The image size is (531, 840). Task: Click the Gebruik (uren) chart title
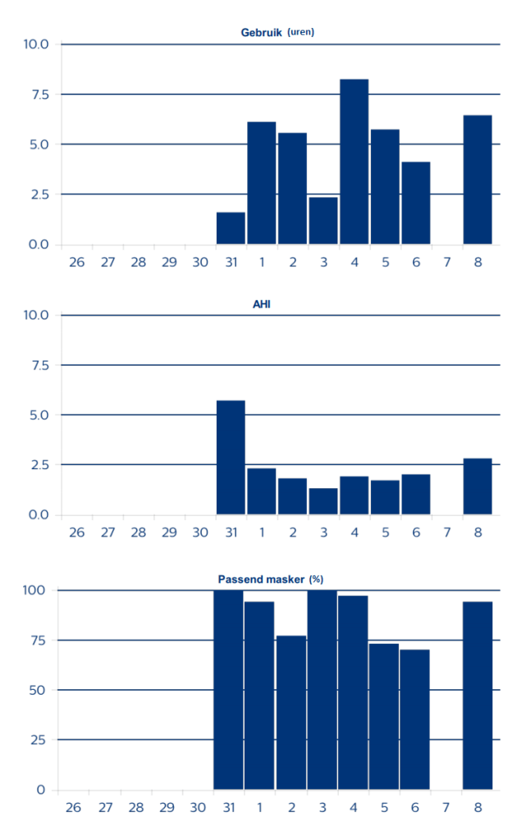click(x=277, y=33)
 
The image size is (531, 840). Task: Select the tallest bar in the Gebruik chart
click(x=354, y=162)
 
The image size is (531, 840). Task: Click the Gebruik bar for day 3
click(x=323, y=221)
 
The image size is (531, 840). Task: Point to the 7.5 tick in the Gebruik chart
click(x=36, y=94)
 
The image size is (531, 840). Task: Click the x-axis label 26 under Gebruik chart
click(x=76, y=262)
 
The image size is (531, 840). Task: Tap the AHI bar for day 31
click(x=231, y=457)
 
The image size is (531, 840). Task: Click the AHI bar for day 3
click(x=323, y=501)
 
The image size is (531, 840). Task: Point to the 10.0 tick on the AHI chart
click(x=36, y=315)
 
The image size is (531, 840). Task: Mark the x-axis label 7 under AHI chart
click(x=446, y=532)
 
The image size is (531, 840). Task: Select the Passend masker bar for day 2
click(x=291, y=712)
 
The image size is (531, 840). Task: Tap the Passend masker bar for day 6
click(x=414, y=719)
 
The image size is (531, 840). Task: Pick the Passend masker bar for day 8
click(x=477, y=696)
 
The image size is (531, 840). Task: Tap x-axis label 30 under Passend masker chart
click(x=197, y=808)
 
